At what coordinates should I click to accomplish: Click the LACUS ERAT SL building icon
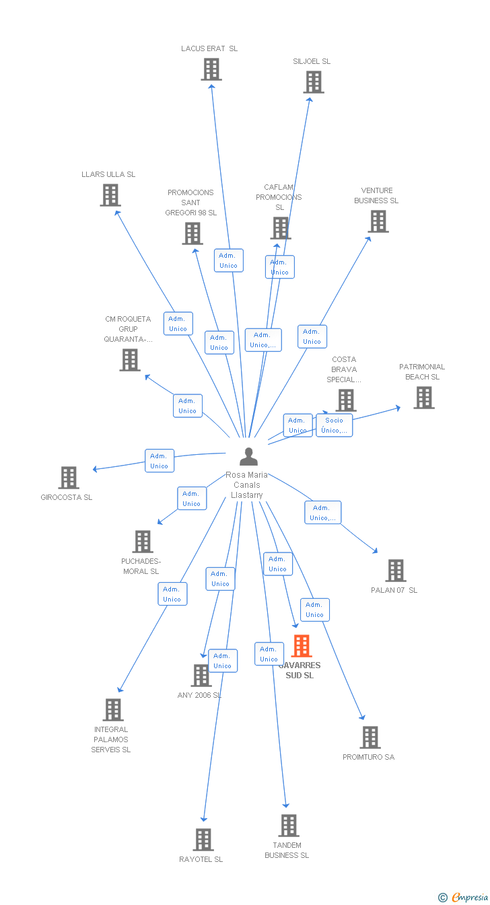[211, 69]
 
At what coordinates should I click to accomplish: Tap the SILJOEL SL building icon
[313, 82]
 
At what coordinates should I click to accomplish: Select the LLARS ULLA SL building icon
[110, 195]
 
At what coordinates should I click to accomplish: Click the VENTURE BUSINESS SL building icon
[378, 221]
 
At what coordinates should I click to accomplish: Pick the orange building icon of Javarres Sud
[301, 646]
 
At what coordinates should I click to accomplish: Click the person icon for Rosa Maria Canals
[248, 457]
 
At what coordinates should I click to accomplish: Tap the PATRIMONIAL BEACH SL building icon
[423, 398]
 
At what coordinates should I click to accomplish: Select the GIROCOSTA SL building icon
[69, 478]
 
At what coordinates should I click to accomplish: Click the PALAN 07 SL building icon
[395, 571]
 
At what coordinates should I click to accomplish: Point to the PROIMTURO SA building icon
[370, 737]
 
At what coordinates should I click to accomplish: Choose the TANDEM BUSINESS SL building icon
[288, 826]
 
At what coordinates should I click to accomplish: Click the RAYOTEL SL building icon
[203, 840]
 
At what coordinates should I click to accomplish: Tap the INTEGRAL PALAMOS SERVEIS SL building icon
[113, 710]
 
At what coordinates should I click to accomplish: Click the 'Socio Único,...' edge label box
[334, 425]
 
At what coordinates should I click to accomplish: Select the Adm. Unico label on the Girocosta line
[160, 461]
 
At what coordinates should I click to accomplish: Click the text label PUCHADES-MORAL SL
[141, 567]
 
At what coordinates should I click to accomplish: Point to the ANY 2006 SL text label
[199, 695]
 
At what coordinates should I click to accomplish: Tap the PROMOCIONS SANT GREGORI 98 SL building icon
[193, 233]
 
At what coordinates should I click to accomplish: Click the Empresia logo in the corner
[464, 897]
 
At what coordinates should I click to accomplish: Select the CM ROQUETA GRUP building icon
[130, 360]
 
